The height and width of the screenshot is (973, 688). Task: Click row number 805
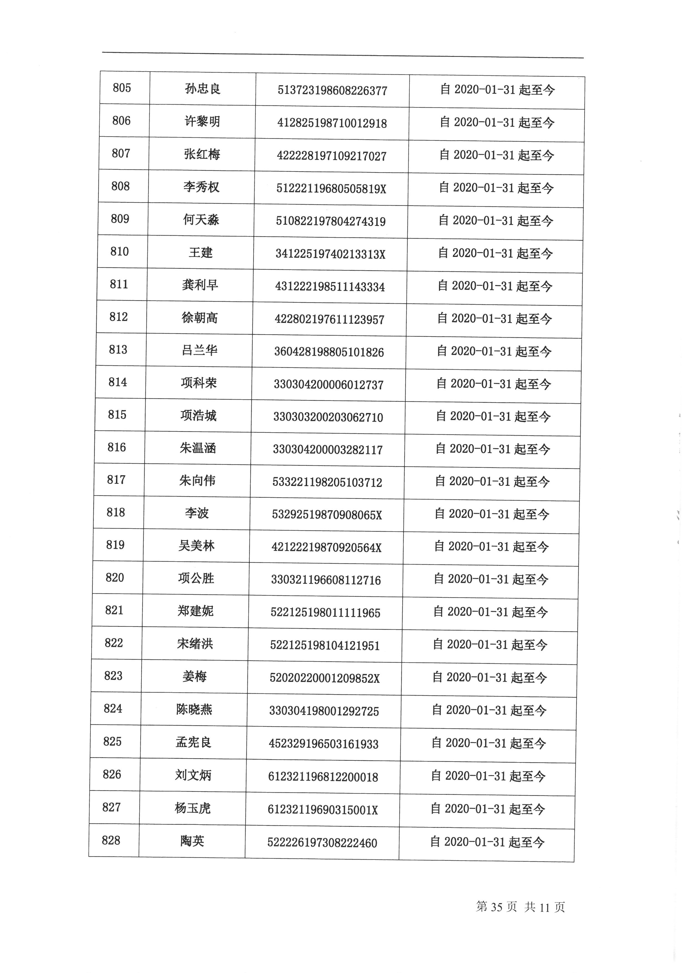click(122, 88)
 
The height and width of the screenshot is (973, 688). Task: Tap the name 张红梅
click(202, 154)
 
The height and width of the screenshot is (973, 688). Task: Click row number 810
click(120, 252)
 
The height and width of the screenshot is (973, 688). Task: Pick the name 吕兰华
click(199, 350)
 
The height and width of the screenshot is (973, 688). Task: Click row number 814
click(118, 382)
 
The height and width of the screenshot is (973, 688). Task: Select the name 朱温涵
click(198, 448)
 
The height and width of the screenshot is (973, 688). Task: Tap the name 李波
click(197, 514)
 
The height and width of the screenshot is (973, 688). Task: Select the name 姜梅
click(194, 677)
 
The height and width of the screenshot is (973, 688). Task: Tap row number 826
click(112, 775)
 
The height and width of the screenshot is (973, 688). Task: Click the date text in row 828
click(487, 842)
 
